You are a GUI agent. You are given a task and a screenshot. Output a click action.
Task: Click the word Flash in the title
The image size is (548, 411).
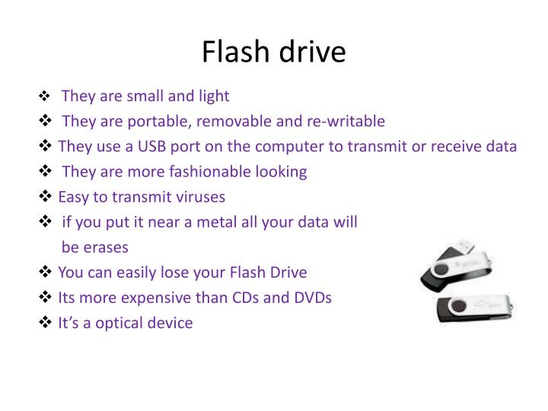point(235,52)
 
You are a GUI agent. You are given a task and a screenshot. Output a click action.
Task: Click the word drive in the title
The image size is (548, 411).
point(312,52)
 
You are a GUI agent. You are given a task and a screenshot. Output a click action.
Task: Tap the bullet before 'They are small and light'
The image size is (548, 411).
point(44,96)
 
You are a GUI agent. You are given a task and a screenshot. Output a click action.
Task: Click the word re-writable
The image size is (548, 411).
point(346,121)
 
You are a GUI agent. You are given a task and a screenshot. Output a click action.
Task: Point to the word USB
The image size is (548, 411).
point(151,146)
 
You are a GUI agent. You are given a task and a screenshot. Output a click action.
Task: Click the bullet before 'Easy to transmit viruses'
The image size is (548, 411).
point(45,196)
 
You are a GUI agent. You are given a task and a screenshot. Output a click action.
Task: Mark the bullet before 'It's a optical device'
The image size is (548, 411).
point(45,322)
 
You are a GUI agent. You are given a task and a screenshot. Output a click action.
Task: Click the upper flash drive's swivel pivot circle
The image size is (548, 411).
point(441,269)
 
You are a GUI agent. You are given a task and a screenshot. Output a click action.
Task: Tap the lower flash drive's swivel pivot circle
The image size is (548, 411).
point(458,307)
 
